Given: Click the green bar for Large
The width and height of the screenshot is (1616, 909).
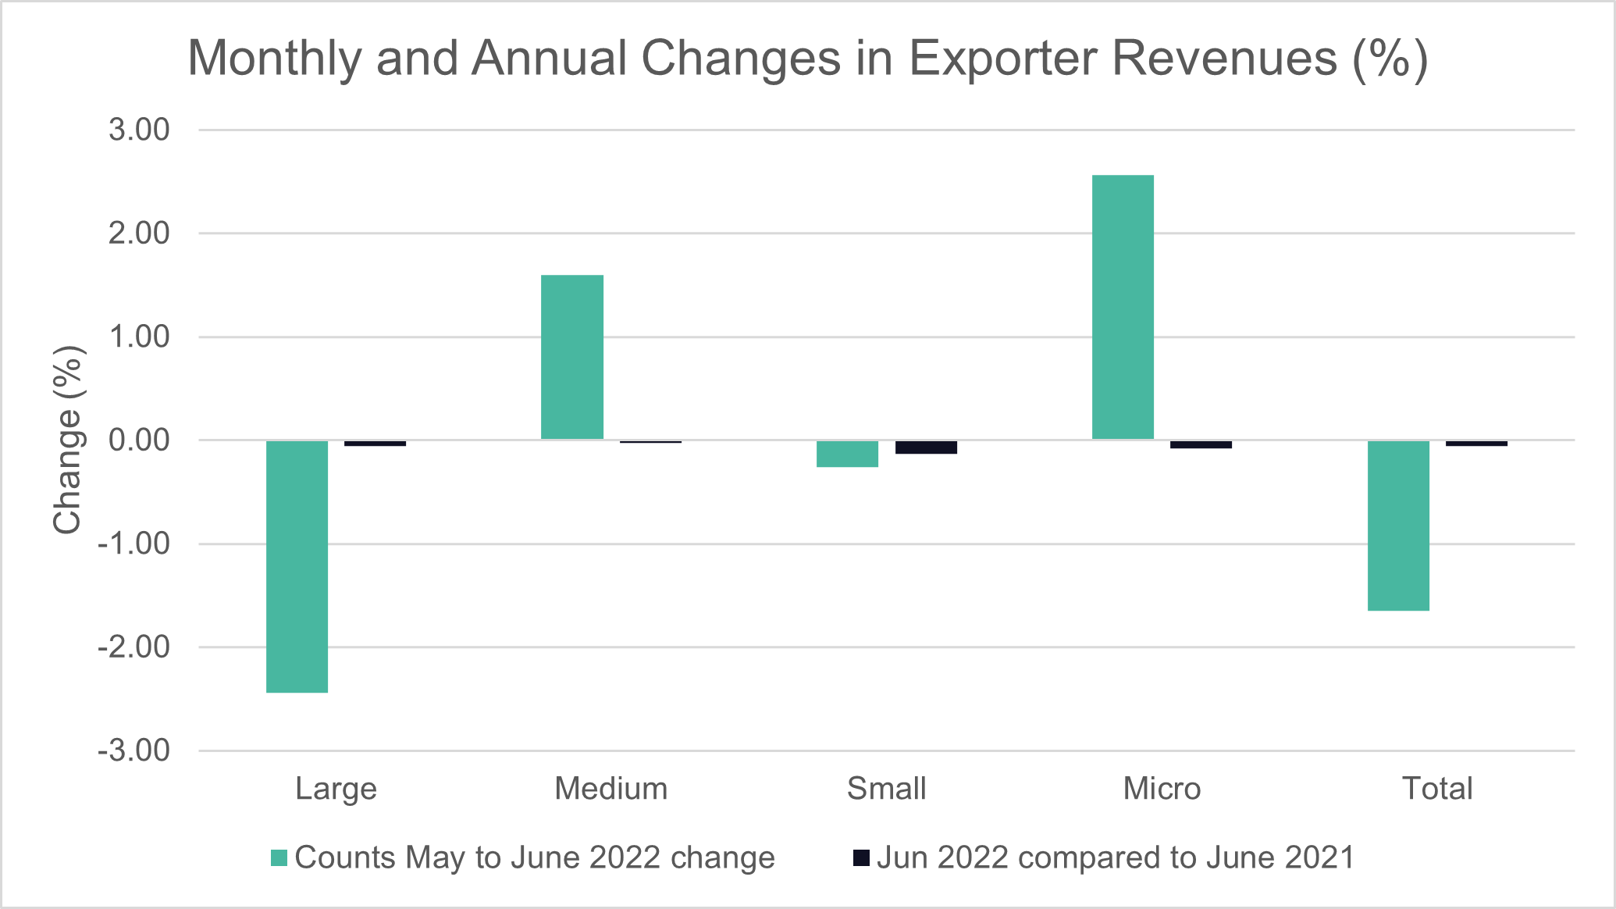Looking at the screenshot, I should tap(297, 566).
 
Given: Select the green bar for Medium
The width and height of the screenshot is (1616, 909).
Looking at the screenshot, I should tap(572, 357).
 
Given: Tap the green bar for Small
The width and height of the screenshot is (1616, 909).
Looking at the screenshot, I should tap(847, 454).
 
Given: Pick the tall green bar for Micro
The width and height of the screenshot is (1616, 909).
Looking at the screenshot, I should tap(1123, 307).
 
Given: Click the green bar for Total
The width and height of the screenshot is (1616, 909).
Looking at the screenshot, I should tap(1398, 526).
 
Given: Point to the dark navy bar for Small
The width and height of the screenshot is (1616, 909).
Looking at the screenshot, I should tap(926, 447).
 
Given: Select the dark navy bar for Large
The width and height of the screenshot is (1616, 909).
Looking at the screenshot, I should tap(375, 444).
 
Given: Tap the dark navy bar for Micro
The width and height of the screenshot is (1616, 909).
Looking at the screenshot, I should tap(1201, 444).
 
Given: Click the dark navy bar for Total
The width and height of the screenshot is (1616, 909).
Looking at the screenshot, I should tap(1476, 444).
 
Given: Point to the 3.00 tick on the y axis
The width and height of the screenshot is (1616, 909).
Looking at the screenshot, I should tap(139, 130).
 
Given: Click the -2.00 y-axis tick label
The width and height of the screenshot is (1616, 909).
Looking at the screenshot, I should tap(133, 647).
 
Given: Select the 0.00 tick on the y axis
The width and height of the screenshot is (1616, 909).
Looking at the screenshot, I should tap(139, 440).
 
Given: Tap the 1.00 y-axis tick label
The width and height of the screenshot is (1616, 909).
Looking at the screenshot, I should tap(139, 337).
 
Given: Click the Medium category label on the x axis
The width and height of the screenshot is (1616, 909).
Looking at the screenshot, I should tap(610, 789).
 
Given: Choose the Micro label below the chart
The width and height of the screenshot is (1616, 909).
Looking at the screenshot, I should tap(1162, 789).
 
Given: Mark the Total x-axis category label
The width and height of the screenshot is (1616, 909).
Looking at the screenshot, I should tap(1436, 789).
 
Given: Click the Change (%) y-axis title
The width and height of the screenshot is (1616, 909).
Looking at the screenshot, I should tap(68, 440).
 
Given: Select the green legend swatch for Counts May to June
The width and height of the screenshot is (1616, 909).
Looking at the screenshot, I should tap(279, 857).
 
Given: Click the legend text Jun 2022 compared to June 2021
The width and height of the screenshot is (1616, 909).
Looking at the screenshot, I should tap(1115, 857).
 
